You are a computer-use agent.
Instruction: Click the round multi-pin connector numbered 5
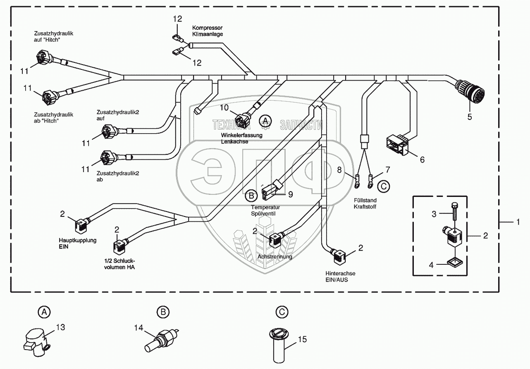point(470,91)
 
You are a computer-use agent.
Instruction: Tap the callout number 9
point(291,194)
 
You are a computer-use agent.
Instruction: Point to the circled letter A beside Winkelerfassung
point(265,121)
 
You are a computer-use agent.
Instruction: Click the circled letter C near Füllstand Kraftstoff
point(384,187)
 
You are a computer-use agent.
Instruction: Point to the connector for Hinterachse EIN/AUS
point(340,256)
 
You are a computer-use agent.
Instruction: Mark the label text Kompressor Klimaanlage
point(207,31)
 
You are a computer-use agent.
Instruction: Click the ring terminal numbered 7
point(371,180)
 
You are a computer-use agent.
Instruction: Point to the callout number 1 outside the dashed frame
point(517,222)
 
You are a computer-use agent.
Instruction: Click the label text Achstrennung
point(275,256)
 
